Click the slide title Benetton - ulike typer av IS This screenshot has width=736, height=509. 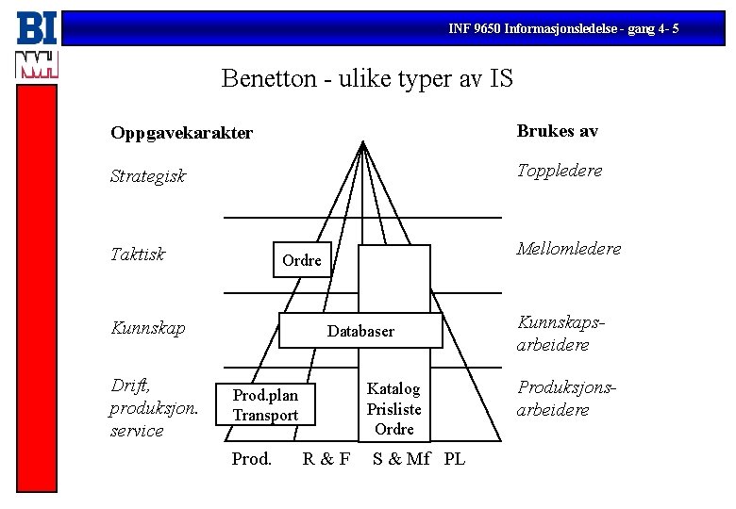point(367,77)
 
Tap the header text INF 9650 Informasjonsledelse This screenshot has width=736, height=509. point(562,29)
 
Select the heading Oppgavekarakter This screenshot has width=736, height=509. point(181,133)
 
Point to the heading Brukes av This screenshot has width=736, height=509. point(557,131)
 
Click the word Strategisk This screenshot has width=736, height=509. point(148,176)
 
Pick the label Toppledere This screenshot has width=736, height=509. point(559,171)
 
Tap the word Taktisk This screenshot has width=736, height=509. point(138,254)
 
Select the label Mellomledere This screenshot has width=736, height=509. point(568,249)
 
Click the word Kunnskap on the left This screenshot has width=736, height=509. point(147,328)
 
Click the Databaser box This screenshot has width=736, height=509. point(360,331)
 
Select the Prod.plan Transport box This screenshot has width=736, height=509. point(265,405)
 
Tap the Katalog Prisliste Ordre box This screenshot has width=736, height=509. point(394,408)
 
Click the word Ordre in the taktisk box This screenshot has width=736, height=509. point(302,260)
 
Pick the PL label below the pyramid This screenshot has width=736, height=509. point(454,460)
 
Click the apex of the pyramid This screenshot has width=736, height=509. point(363,143)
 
